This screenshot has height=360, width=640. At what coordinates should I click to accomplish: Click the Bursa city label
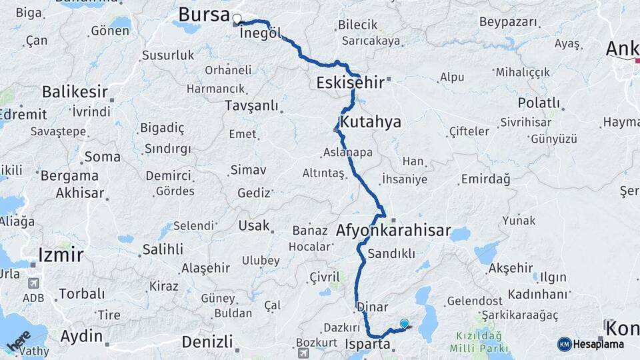coord(204,15)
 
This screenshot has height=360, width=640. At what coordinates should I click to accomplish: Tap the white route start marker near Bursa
coord(237,19)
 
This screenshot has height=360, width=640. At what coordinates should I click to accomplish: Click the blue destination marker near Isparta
coord(404,324)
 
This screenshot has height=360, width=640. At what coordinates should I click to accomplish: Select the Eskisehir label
coord(350,82)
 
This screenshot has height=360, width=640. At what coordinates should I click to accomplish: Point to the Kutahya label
coord(371,121)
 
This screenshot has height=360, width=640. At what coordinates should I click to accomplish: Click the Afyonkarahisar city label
coord(393,232)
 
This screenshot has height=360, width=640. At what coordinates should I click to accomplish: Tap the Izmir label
coord(61,254)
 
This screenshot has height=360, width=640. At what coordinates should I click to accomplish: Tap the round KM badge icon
coord(564,344)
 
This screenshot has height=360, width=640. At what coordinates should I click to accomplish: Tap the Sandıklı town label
coord(391,253)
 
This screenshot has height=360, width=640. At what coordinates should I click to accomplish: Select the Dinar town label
coord(373,307)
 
